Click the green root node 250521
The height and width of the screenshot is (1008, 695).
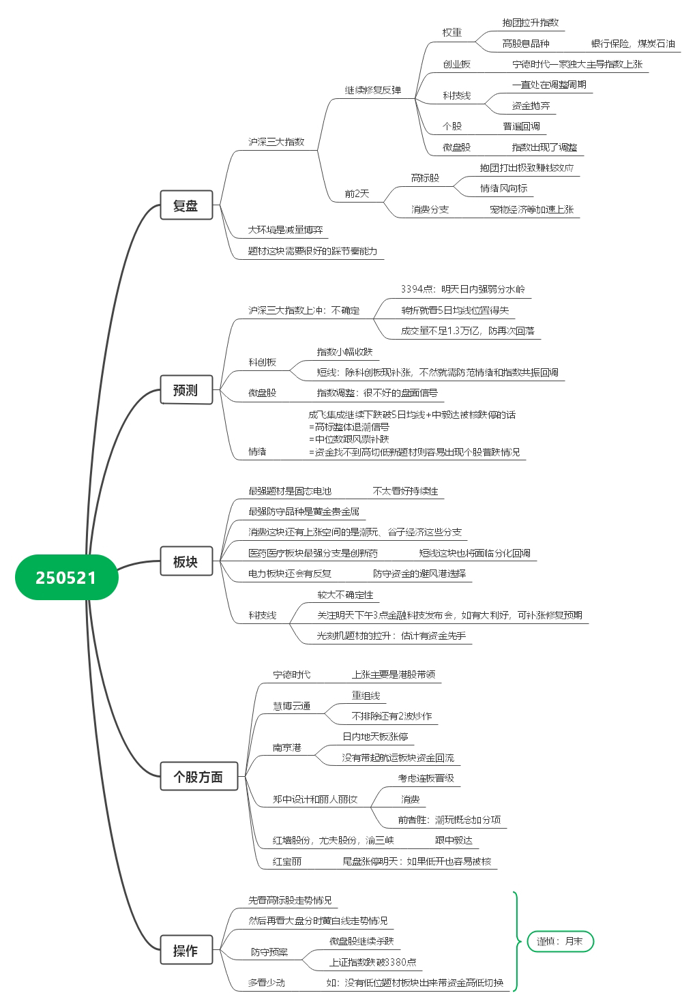pos(67,578)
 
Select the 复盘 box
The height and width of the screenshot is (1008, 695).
pos(186,205)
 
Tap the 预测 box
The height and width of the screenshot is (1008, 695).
pos(186,389)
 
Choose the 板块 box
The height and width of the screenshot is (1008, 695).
pos(186,561)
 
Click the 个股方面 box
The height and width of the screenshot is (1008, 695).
pos(199,776)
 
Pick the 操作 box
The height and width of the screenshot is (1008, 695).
pos(186,950)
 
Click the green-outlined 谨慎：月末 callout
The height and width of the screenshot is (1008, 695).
pos(560,941)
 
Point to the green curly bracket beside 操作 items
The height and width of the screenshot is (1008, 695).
pos(517,941)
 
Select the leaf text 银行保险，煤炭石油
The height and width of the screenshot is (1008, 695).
pos(633,44)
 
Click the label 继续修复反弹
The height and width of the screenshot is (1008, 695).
pos(372,90)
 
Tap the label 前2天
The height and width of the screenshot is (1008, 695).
pos(357,194)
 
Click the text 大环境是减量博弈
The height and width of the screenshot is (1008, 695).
pos(285,230)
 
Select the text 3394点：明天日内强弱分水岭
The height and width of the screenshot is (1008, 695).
pos(462,289)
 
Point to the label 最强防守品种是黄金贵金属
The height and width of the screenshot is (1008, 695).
pos(304,512)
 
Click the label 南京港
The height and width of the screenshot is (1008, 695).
pos(286,748)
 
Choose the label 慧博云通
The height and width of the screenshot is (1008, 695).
pos(292,706)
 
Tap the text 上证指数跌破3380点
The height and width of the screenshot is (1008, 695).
pos(372,962)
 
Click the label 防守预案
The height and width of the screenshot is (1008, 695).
pos(269,952)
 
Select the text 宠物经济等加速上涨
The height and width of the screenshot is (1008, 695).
pos(531,209)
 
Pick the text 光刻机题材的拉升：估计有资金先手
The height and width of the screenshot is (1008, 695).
pos(391,636)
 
